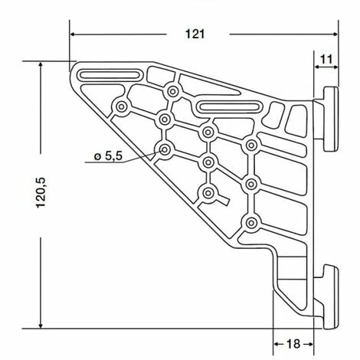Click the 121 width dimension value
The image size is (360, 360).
click(x=195, y=34)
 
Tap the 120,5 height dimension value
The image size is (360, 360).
click(x=41, y=193)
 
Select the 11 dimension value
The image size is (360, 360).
click(x=326, y=60)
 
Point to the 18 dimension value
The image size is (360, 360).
click(x=293, y=344)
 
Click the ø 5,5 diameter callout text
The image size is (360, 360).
click(x=108, y=156)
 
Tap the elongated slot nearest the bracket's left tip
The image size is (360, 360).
click(x=110, y=75)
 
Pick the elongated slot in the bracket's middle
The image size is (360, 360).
click(x=228, y=106)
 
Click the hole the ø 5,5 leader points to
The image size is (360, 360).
click(x=165, y=149)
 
